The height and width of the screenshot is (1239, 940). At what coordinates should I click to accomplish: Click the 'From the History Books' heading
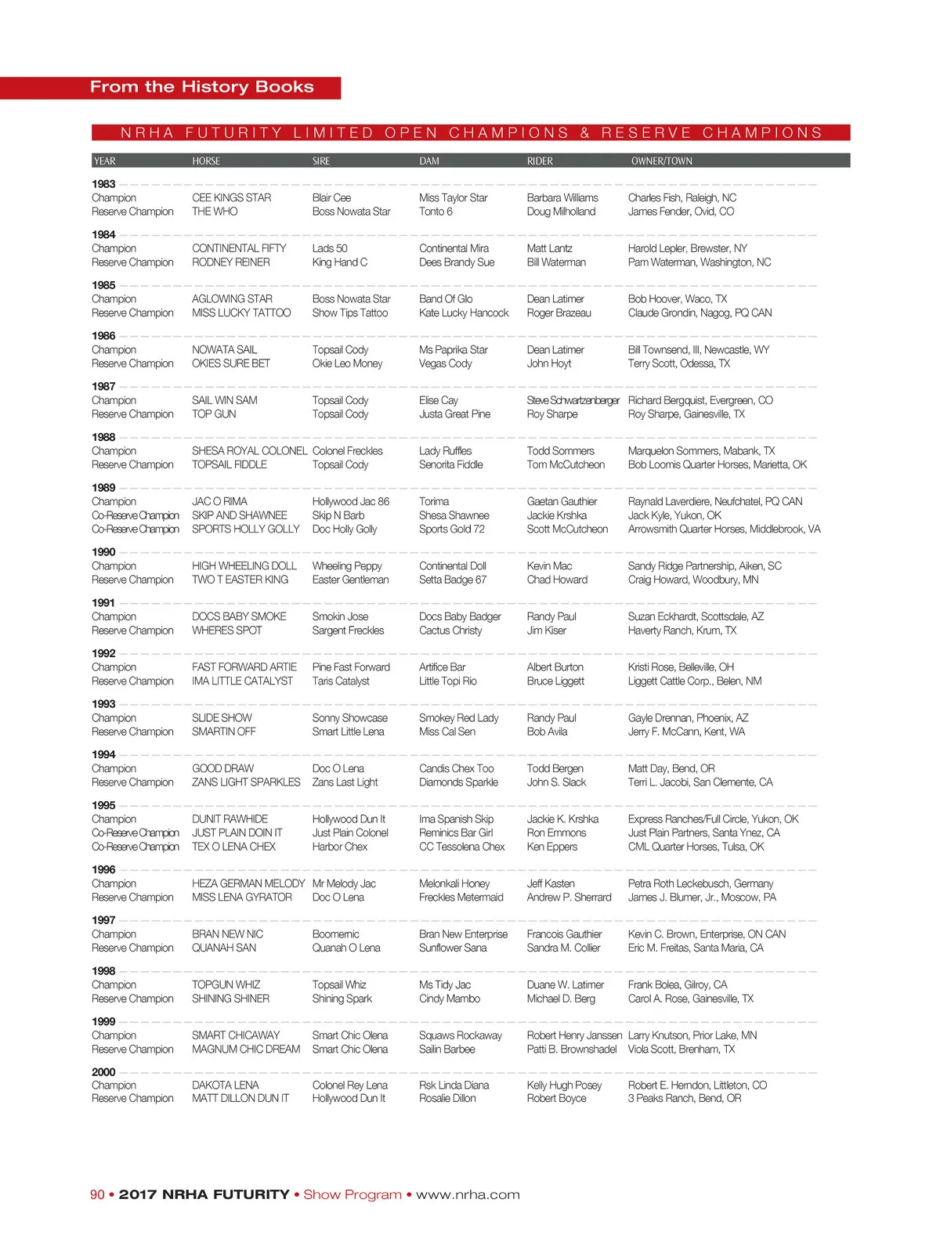[201, 87]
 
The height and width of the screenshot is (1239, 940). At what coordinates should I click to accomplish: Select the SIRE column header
[321, 161]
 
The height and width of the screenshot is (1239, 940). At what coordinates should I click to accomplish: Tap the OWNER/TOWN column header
[661, 161]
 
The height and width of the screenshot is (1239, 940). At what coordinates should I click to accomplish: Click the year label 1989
[103, 487]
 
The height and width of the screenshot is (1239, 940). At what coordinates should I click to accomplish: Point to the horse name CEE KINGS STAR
[231, 198]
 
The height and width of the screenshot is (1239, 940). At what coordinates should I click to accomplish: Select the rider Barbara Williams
[562, 198]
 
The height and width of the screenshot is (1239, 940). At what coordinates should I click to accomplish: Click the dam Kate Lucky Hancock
[463, 312]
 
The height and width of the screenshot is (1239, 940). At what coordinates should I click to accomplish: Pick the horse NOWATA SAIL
[224, 350]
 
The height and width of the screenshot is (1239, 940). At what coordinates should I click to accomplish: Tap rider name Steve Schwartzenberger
[573, 400]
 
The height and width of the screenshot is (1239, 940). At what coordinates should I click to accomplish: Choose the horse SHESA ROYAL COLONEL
[249, 451]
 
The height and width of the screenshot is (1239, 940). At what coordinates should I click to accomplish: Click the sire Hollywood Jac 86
[350, 501]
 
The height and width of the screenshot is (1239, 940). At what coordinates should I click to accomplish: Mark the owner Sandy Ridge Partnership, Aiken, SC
[704, 565]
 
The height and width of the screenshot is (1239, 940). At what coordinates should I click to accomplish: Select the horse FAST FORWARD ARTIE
[244, 667]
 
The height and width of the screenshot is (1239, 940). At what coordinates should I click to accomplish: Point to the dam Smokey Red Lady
[458, 717]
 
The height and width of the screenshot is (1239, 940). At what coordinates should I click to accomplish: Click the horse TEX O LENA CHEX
[233, 847]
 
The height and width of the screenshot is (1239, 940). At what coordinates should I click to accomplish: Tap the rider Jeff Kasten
[550, 883]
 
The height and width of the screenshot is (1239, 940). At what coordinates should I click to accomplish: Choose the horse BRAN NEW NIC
[227, 934]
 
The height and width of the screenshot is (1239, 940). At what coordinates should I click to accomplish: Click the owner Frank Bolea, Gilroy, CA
[677, 984]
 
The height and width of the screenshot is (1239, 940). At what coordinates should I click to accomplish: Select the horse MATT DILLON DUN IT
[240, 1098]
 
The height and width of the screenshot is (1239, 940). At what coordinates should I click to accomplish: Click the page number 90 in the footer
[97, 1194]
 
